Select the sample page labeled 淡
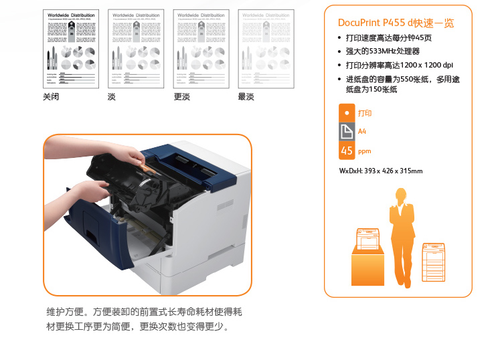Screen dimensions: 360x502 (136, 49)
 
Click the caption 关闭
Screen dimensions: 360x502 (51, 97)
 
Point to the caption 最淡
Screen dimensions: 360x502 (246, 97)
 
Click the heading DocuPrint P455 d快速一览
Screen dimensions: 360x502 (396, 23)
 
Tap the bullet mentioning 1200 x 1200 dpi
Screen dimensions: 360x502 (399, 65)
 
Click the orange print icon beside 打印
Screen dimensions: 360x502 (346, 112)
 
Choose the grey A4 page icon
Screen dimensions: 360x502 (346, 132)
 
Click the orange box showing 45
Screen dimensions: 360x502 (346, 151)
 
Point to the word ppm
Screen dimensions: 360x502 (364, 151)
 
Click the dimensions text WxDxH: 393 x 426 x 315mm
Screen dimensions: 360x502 (381, 171)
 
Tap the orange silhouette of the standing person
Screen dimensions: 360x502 (400, 234)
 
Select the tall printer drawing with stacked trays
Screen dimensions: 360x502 (432, 262)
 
